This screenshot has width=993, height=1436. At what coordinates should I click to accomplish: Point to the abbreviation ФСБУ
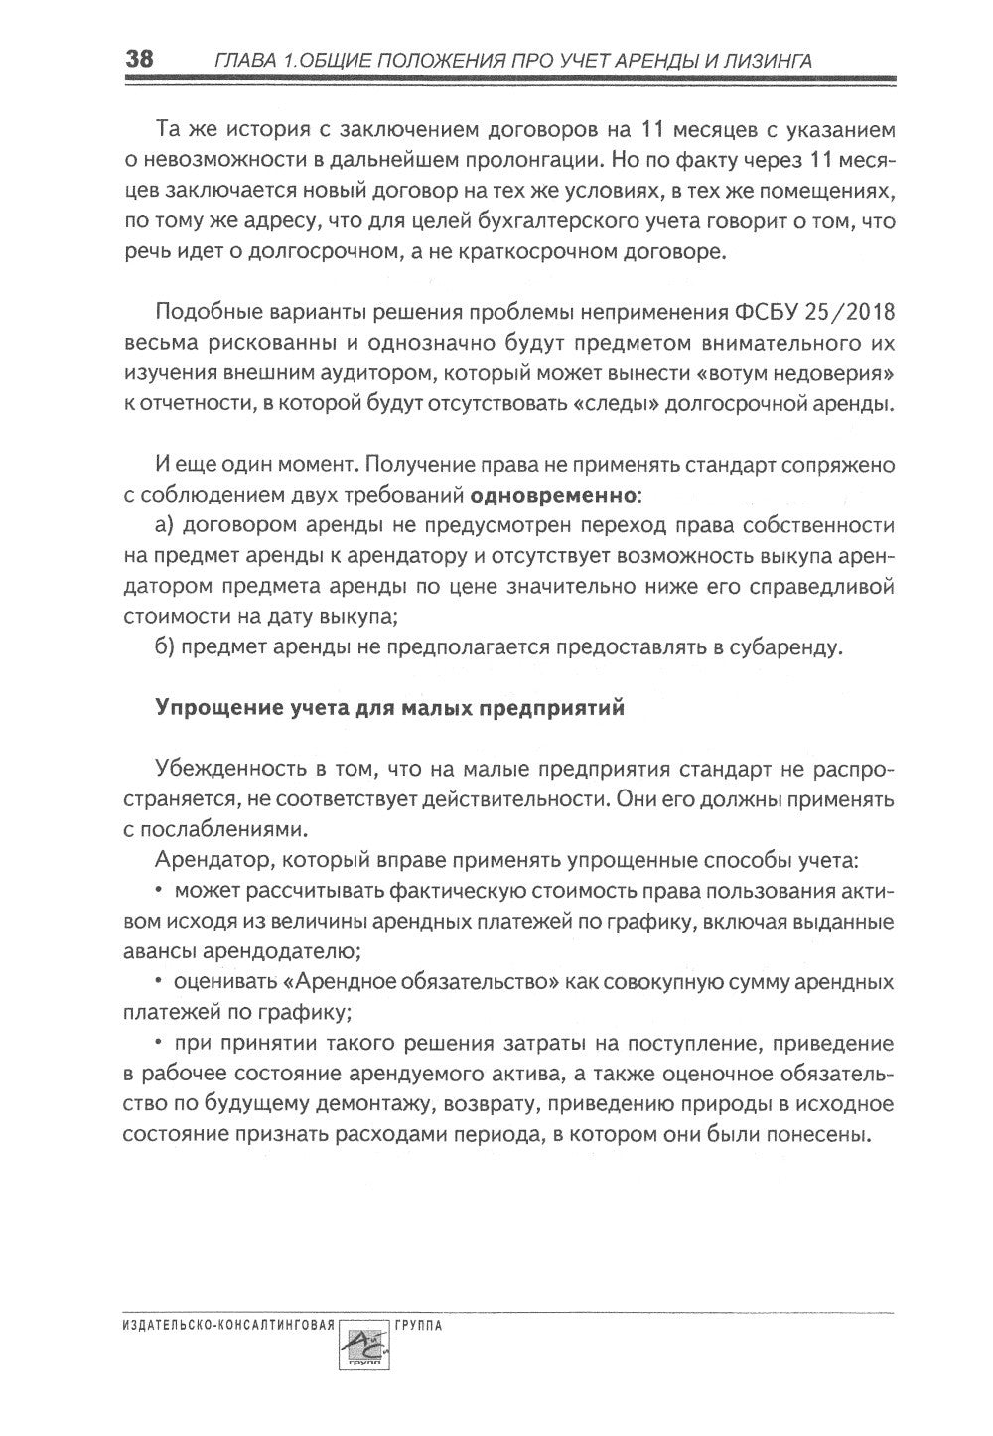(x=760, y=314)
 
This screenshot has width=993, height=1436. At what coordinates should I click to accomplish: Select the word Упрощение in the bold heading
(x=210, y=709)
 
